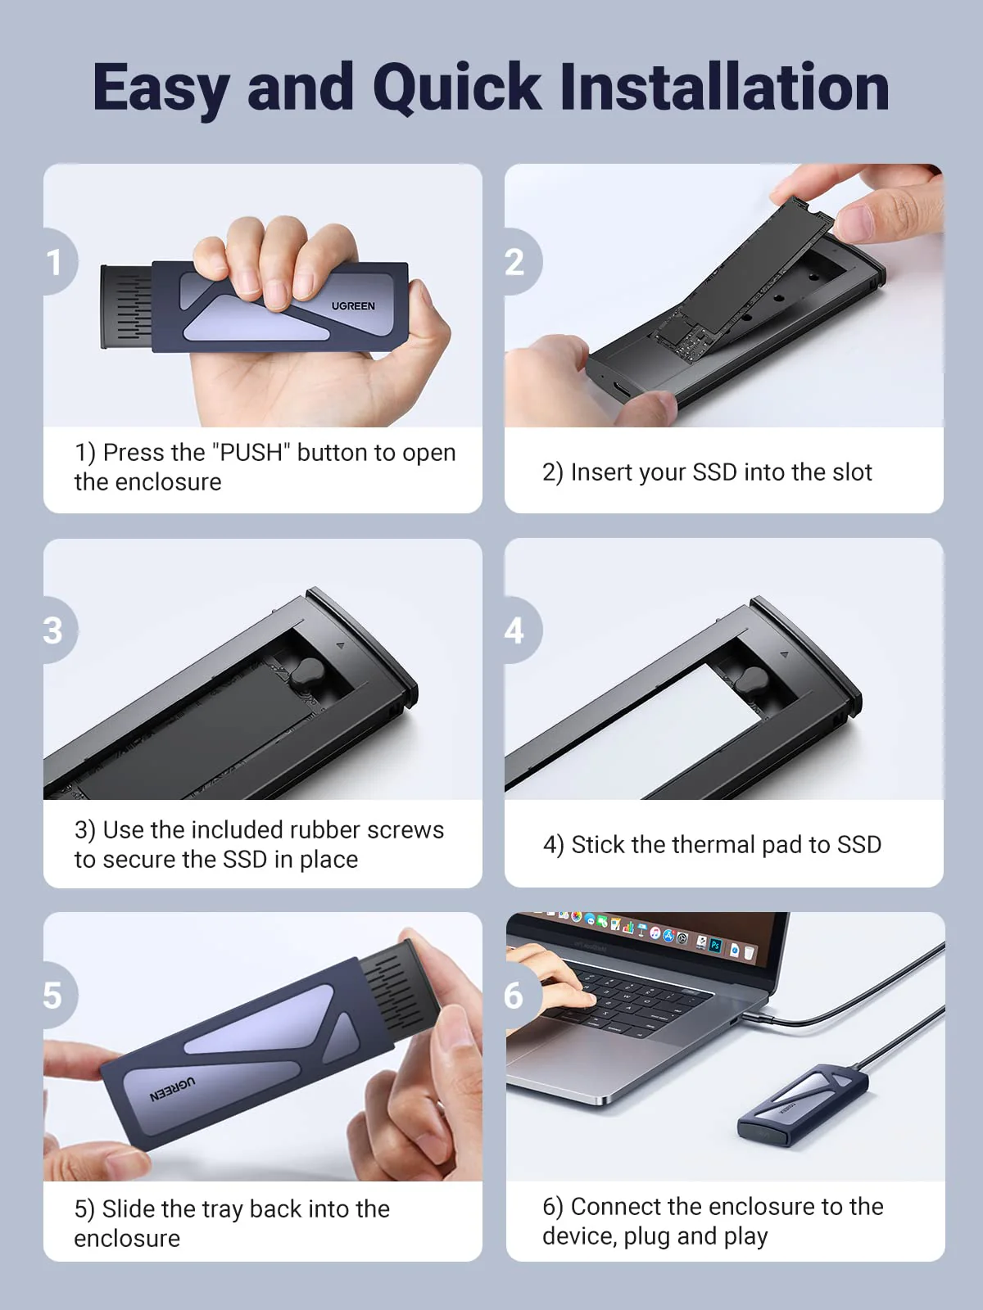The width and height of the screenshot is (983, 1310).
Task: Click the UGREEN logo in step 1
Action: [353, 305]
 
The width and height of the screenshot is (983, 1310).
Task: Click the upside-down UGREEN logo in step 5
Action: [173, 1090]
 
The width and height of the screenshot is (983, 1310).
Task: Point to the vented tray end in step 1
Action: [126, 307]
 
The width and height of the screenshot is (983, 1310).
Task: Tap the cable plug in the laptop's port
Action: [752, 1019]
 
